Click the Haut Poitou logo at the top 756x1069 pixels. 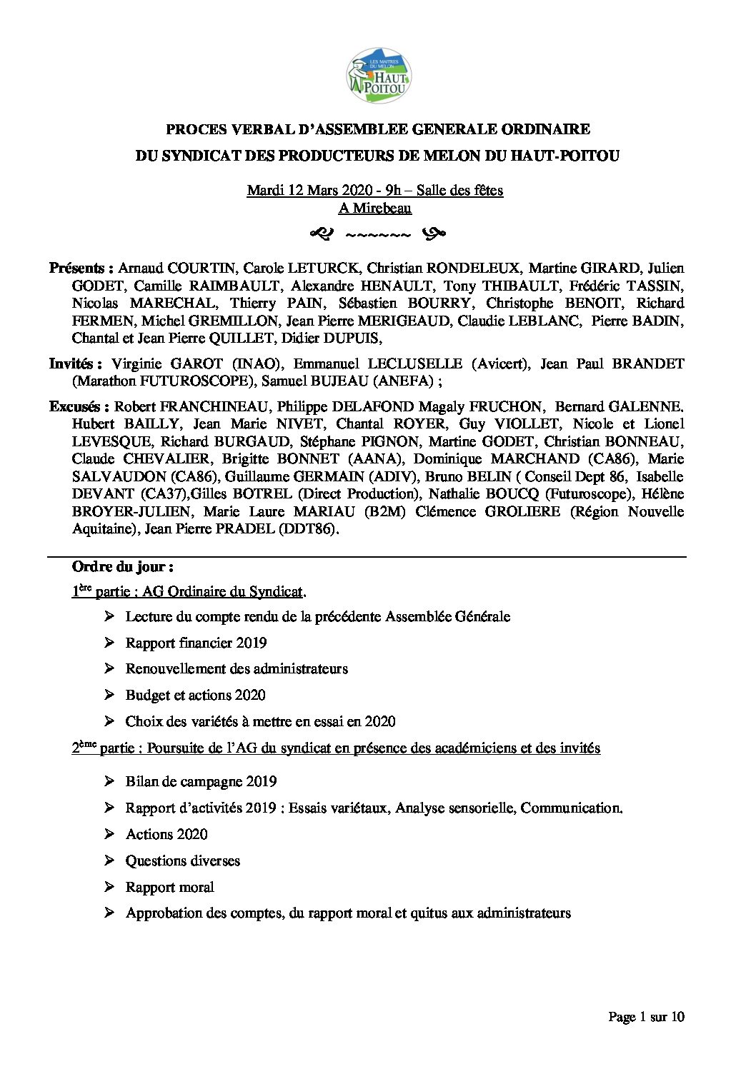click(379, 76)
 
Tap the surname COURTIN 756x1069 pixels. click(200, 268)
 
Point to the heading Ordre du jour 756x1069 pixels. click(122, 567)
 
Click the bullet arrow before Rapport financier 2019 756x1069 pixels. click(109, 643)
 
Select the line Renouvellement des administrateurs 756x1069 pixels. click(237, 669)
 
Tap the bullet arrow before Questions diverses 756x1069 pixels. click(109, 860)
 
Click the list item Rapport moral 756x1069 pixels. click(169, 887)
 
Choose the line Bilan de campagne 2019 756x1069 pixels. click(201, 782)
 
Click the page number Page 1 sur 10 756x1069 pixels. click(646, 1017)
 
